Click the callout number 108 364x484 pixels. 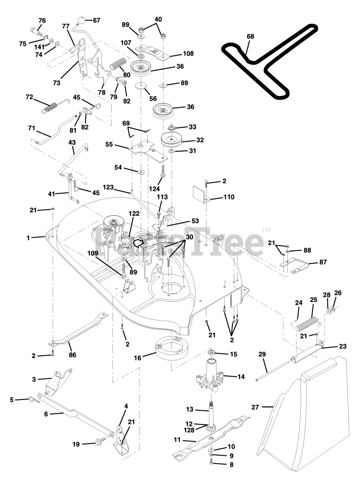click(188, 54)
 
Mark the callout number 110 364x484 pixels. click(229, 197)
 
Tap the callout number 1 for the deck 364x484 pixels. click(28, 238)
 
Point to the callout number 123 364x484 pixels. click(108, 187)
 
